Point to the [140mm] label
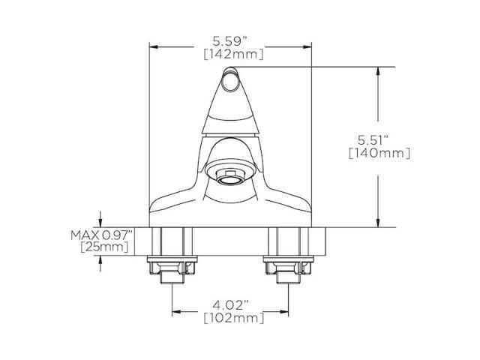(x=379, y=153)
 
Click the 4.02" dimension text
(x=230, y=305)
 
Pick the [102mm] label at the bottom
(x=230, y=319)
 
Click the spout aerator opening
(x=231, y=177)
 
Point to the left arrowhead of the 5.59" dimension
(x=152, y=46)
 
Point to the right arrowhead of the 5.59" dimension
(x=309, y=46)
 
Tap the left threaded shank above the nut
(x=173, y=241)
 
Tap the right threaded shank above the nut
(x=288, y=241)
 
